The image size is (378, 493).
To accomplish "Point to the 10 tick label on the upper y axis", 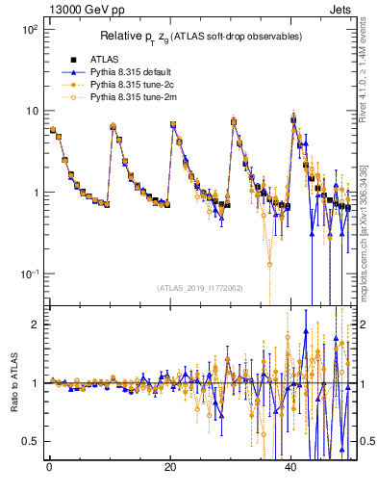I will tap(31, 111).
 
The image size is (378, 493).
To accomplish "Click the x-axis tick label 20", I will tap(170, 468).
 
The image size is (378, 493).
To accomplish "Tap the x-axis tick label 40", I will tap(291, 468).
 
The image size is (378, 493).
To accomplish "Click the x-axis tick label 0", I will tap(49, 468).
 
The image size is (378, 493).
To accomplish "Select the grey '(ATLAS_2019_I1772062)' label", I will tap(200, 288).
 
